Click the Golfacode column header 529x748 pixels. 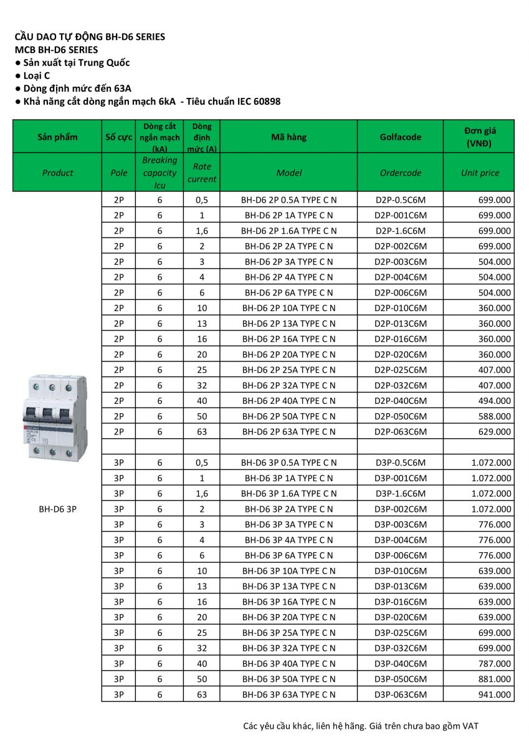point(400,137)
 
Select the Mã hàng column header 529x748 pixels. point(288,137)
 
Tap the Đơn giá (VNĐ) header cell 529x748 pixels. point(480,137)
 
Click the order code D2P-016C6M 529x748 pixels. point(401,339)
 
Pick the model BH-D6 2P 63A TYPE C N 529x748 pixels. point(288,431)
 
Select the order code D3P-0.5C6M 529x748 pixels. point(401,463)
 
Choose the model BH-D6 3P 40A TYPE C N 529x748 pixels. point(288,663)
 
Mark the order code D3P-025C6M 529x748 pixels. point(401,633)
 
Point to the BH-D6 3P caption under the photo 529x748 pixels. point(58,509)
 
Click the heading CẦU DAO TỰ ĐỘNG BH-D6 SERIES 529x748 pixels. point(90,37)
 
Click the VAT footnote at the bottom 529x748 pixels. point(361,726)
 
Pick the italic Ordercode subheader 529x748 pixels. point(400,173)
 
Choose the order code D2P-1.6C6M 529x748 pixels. point(401,231)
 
